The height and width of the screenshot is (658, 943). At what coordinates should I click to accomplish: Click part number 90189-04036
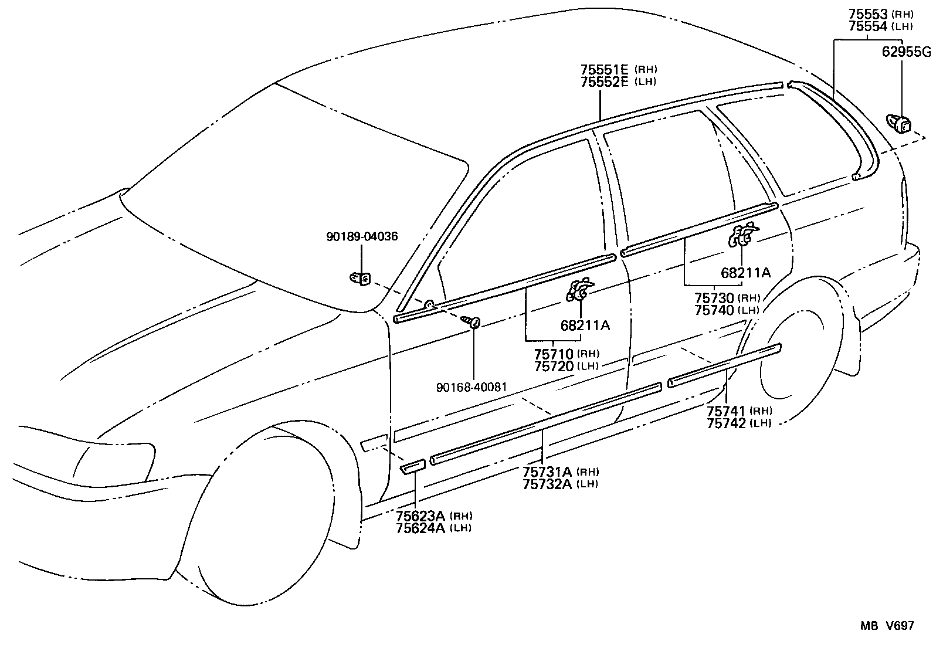point(362,237)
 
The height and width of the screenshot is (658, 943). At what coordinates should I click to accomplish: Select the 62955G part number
point(906,52)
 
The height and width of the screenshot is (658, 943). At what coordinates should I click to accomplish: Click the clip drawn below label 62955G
point(900,124)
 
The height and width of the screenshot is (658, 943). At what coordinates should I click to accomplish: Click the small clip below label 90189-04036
point(360,279)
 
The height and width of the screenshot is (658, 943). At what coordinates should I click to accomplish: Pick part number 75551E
point(604,69)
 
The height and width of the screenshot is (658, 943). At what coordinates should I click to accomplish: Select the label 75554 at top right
point(869,26)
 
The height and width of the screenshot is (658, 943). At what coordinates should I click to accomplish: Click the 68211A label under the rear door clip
point(745,273)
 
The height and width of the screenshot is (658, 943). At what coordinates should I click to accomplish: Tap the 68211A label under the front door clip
point(585,325)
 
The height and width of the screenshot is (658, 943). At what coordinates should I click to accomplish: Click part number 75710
point(554,354)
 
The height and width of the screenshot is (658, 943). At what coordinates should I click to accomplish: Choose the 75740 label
point(714,310)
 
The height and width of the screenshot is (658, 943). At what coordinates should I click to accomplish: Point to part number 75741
point(726,411)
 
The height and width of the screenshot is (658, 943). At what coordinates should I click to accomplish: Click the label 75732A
point(548,483)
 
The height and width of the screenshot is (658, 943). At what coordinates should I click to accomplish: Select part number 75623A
point(421,515)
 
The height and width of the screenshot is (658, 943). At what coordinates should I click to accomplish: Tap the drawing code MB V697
point(887,626)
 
